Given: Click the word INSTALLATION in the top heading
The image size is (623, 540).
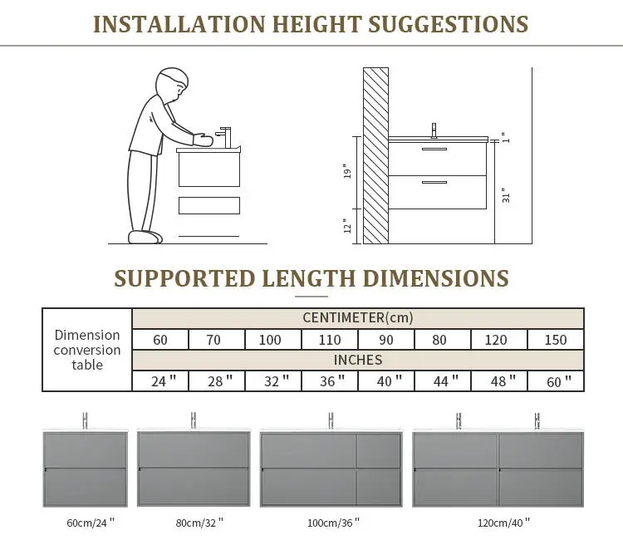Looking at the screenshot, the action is [x=179, y=24].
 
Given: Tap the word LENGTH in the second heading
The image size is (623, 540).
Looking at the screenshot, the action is [x=308, y=278].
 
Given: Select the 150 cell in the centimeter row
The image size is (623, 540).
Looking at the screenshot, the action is [x=555, y=340].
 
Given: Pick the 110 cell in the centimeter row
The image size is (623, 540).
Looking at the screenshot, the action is [x=330, y=340].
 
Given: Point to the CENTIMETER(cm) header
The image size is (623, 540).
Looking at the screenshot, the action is [x=357, y=318].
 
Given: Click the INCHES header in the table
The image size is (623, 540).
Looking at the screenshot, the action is [x=357, y=360].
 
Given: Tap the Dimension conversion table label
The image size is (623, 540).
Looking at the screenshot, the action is [x=87, y=350].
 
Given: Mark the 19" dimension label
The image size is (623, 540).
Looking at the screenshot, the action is [x=347, y=171].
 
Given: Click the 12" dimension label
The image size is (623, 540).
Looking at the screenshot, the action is [x=347, y=226].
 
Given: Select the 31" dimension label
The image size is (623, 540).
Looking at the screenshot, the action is [x=505, y=195].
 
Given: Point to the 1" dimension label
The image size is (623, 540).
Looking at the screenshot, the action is [x=505, y=137].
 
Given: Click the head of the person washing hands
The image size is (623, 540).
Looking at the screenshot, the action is [x=172, y=84].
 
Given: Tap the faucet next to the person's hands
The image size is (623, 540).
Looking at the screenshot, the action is [x=223, y=137].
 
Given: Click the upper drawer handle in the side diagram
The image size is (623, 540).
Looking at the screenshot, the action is [x=434, y=150].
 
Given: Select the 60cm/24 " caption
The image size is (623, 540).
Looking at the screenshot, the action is [x=91, y=522].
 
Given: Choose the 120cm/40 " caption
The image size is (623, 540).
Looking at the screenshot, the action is [x=503, y=522].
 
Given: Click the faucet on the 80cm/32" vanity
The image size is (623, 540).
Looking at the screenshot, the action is [x=193, y=420].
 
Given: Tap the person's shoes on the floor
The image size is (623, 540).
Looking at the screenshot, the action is [x=145, y=237].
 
